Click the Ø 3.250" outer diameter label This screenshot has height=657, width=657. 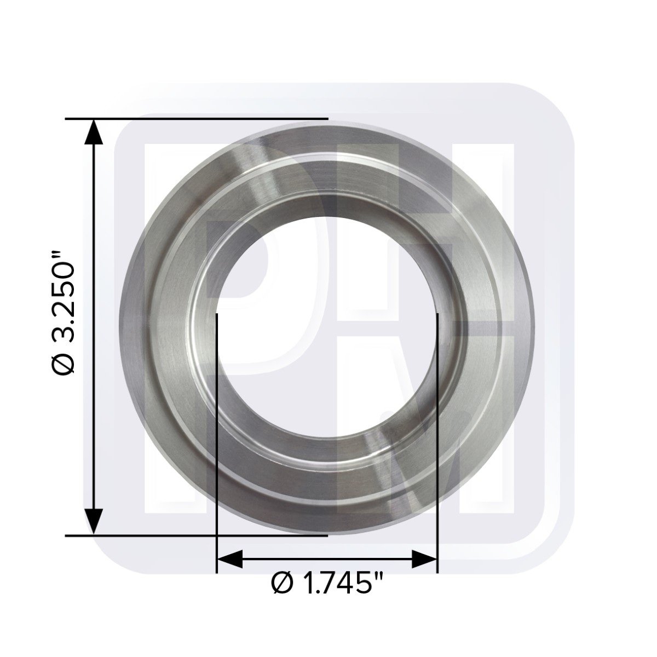coord(63,314)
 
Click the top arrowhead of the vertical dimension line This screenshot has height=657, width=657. coord(94,132)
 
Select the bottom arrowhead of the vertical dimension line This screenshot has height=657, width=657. coord(94,522)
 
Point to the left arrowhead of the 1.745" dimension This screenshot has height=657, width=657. coord(229,559)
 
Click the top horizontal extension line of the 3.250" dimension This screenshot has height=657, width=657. coord(197,119)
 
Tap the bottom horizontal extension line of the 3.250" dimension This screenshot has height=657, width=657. coord(197,535)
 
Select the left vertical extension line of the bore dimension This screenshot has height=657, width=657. coord(217,443)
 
